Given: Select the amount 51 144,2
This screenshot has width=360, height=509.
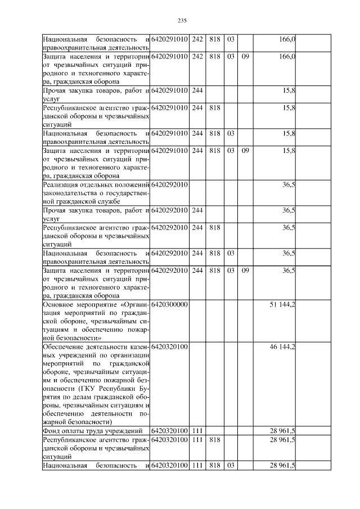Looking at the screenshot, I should [282, 304].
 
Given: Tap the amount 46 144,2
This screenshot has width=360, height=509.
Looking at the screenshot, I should [282, 347].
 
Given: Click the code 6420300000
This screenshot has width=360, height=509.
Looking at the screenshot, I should [169, 304].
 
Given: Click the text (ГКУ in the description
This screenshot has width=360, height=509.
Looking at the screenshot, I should [77, 388].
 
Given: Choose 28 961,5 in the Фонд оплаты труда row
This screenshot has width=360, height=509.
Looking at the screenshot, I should [282, 431].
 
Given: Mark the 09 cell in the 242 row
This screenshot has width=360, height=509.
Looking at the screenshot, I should [245, 57].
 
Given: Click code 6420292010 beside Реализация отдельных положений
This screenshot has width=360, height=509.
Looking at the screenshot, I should [169, 184].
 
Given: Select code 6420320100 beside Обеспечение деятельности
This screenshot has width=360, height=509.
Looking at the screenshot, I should [169, 347].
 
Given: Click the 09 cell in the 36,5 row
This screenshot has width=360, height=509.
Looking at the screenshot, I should [245, 271].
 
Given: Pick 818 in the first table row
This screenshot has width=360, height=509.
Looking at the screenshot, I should [214, 39].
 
